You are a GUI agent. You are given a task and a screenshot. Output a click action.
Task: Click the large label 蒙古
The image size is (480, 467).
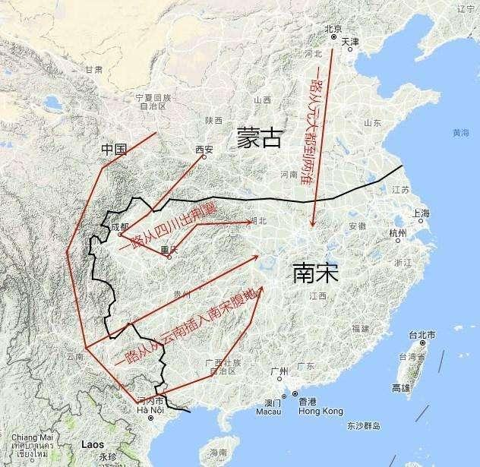coord(258,137)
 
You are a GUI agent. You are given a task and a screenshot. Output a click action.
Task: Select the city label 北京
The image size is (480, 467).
coord(333,29)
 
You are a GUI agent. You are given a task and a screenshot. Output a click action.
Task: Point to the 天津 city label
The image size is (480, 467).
coord(350,41)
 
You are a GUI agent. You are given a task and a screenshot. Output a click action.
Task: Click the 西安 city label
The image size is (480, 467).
coord(204,149)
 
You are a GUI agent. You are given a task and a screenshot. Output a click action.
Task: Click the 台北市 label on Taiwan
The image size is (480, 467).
coord(422,335)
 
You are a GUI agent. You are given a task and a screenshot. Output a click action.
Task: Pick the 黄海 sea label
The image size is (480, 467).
coord(459,133)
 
